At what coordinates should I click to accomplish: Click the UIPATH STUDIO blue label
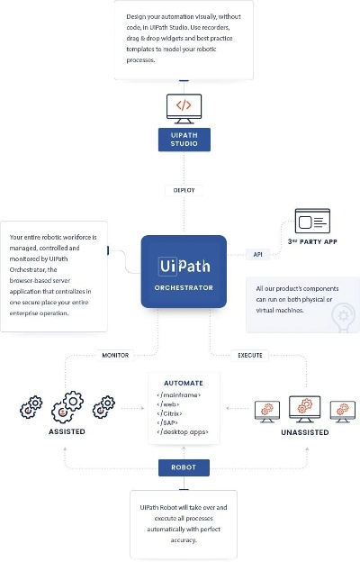pos(183,140)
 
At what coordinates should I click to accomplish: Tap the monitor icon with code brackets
pos(183,106)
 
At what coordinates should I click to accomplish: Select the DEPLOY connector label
pos(183,189)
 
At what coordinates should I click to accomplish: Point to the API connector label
pos(256,254)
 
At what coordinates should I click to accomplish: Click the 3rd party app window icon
pos(313,222)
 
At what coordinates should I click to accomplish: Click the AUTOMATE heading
pos(183,382)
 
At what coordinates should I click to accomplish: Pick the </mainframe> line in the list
pos(178,394)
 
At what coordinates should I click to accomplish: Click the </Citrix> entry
pos(171,412)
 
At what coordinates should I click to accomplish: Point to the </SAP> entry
pos(169,422)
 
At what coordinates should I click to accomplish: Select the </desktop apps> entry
pos(183,432)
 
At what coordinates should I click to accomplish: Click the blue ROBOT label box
pos(183,467)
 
